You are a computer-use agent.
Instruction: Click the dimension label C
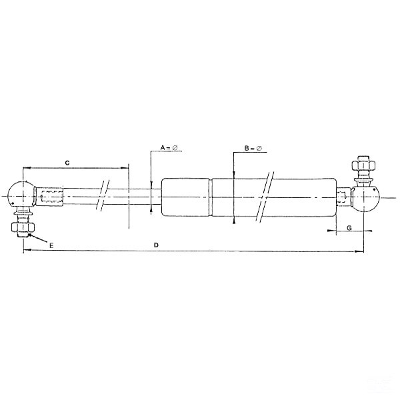(67, 162)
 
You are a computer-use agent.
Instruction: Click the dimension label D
(156, 245)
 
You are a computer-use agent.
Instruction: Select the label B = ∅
(253, 148)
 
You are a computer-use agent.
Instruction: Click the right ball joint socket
(366, 196)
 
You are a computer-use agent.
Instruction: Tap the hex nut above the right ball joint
(363, 164)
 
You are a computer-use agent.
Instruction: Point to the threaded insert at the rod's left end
(51, 196)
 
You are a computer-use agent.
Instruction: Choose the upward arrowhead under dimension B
(234, 223)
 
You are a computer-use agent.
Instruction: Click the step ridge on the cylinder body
(212, 196)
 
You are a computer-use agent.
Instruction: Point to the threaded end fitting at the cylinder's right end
(343, 196)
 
